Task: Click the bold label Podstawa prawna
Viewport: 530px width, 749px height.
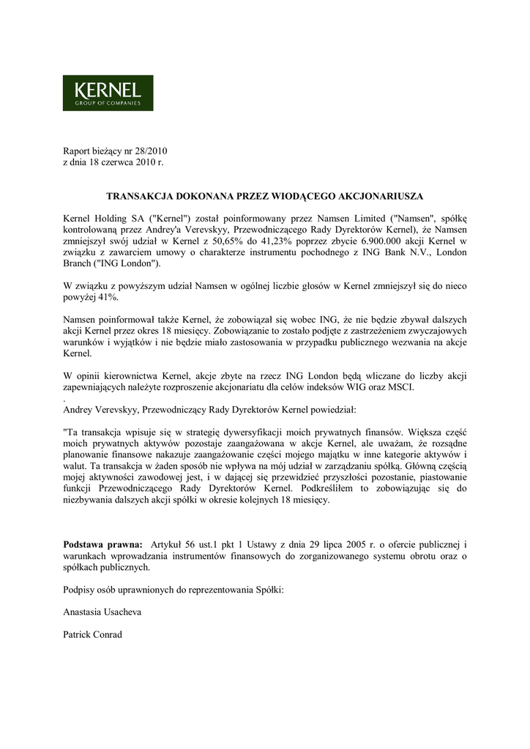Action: click(102, 545)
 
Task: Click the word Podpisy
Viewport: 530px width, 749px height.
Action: click(80, 590)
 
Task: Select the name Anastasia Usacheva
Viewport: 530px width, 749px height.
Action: click(103, 612)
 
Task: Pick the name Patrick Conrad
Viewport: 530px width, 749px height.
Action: click(93, 634)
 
